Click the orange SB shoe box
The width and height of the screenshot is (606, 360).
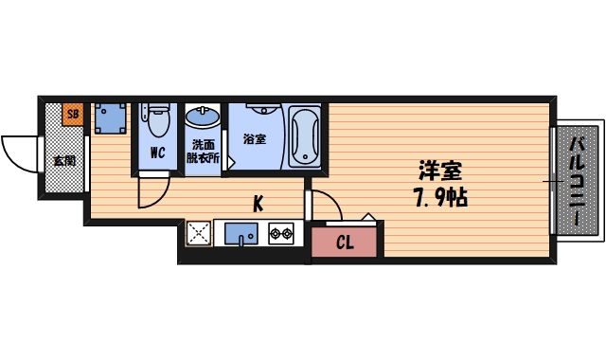(73, 116)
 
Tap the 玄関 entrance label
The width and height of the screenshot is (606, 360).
(64, 159)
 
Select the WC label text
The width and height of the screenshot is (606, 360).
(157, 152)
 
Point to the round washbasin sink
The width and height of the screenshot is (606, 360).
(202, 118)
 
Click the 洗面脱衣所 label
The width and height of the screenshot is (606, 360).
(203, 152)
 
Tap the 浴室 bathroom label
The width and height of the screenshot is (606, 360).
(254, 139)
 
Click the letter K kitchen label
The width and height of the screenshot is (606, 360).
(257, 202)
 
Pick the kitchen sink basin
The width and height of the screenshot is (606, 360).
(241, 232)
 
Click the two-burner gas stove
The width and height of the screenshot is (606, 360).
(282, 233)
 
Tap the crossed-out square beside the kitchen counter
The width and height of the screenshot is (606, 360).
(198, 234)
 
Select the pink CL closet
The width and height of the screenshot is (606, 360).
(345, 243)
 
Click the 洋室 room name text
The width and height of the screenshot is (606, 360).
(440, 172)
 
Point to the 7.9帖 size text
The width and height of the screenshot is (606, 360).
(441, 199)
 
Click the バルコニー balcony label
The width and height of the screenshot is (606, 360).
(577, 179)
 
